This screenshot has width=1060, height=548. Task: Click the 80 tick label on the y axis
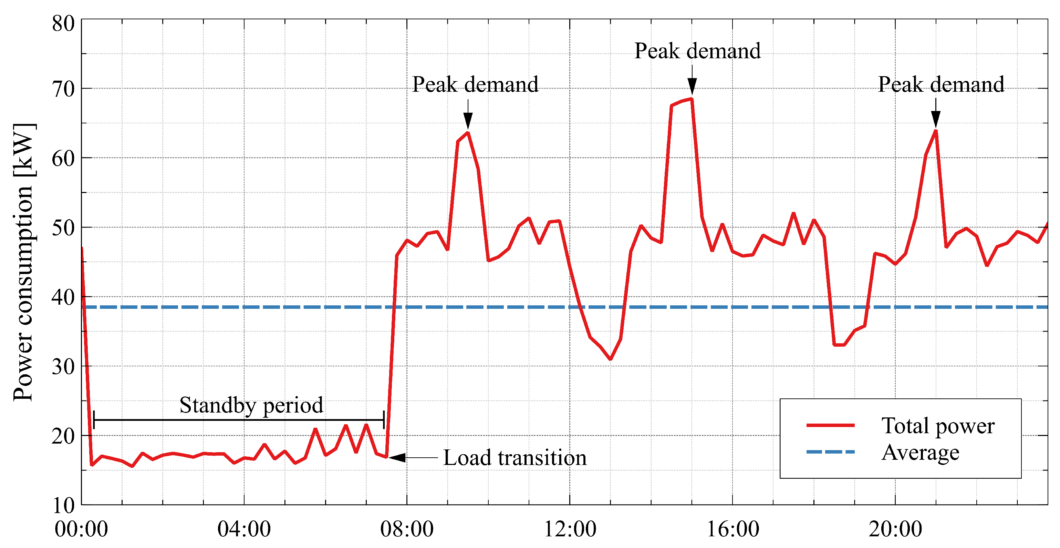point(63,23)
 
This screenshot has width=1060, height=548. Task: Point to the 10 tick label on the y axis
point(63,505)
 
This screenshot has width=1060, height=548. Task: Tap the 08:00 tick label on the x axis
point(407,529)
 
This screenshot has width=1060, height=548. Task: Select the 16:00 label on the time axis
point(732,529)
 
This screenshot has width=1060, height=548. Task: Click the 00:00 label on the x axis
point(81,529)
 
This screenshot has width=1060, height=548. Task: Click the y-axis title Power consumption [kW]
point(23,262)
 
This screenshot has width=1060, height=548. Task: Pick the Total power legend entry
point(937,425)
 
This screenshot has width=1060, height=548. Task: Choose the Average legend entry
point(920,452)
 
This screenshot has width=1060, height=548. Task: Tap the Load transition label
point(515,457)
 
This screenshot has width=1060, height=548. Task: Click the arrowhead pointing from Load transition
point(397,457)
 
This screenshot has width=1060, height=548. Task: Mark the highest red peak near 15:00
point(692,99)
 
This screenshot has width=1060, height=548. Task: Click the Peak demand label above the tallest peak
point(697,51)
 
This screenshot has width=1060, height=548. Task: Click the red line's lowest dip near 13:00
point(610,359)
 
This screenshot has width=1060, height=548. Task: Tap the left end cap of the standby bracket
point(94,419)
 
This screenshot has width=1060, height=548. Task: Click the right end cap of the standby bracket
point(384,419)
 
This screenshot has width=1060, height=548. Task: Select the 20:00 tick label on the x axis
point(895,529)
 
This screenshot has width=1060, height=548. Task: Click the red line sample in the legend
point(830,425)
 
